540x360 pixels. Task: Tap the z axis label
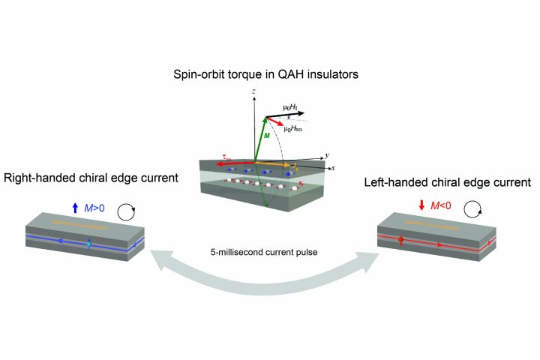click(x=254, y=91)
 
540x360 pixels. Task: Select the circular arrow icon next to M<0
click(x=472, y=206)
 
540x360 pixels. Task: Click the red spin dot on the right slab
click(x=400, y=241)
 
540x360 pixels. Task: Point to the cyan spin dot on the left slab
click(x=89, y=244)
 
